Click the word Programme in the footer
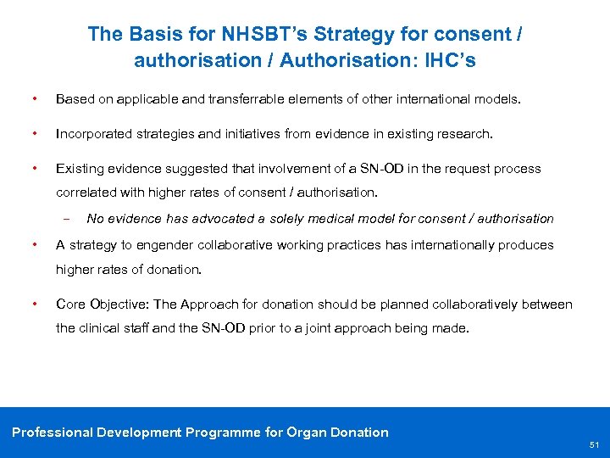tap(222, 433)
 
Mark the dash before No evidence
tap(65, 219)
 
